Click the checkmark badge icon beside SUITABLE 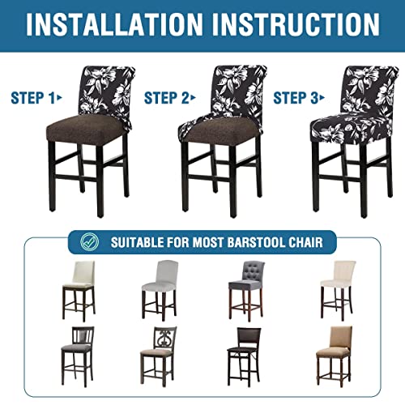click(89, 242)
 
